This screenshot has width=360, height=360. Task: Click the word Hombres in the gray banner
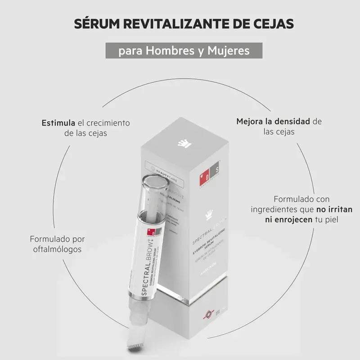(168, 50)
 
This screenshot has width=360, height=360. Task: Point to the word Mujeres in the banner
(229, 50)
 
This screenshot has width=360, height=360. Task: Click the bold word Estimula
(58, 122)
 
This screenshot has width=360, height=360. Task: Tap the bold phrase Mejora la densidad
(273, 121)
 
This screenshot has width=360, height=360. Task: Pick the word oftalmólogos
(57, 249)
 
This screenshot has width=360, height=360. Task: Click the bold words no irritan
(322, 209)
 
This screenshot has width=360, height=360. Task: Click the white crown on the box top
(181, 143)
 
